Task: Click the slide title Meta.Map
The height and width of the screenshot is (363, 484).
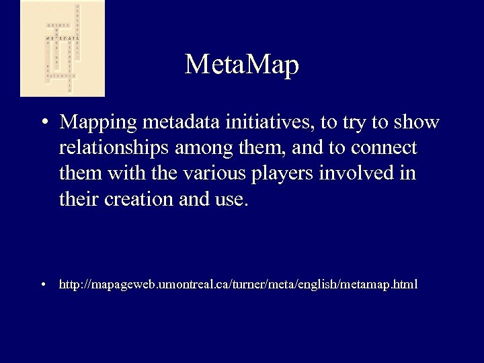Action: point(241,65)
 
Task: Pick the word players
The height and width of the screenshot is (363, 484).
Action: point(261,173)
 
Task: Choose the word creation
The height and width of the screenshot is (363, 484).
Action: point(137,199)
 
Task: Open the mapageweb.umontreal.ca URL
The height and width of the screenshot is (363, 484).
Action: point(238,285)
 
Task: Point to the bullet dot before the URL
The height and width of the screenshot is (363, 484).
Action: point(43,285)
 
